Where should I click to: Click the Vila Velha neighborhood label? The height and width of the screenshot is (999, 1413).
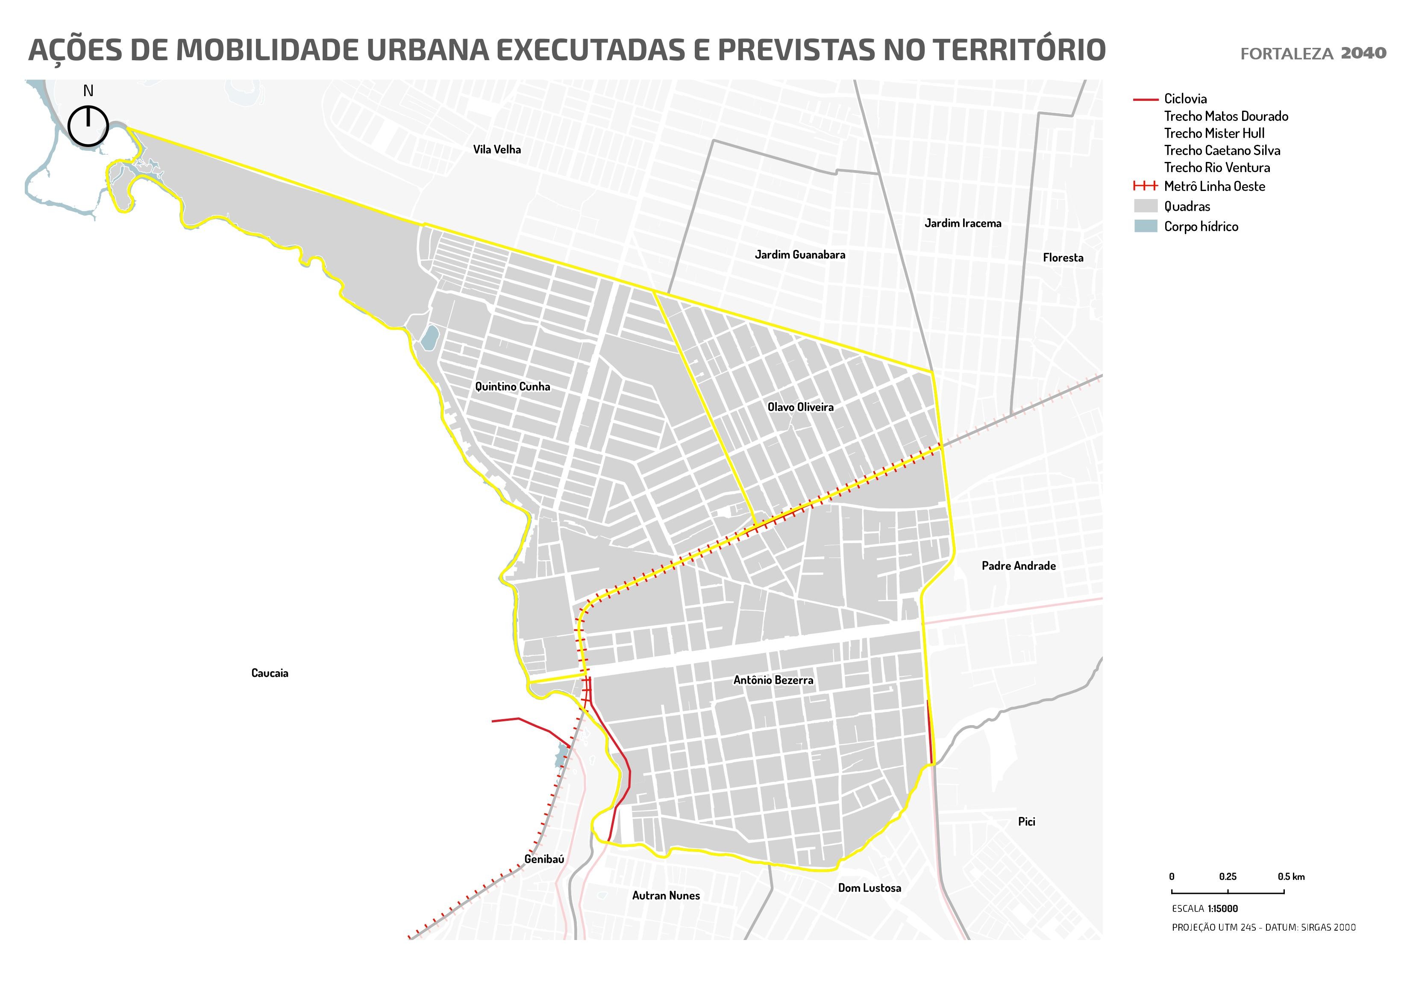(496, 150)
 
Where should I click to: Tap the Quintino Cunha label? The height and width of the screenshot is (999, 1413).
(512, 387)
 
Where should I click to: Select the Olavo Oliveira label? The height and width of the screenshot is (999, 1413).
(800, 407)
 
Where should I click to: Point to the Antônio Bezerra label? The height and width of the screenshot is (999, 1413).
(773, 680)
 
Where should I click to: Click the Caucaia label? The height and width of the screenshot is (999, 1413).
(270, 673)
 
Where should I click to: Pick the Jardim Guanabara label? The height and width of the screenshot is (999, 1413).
(800, 255)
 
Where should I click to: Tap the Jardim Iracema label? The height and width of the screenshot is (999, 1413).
(963, 223)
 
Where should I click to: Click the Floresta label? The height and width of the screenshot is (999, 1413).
(1063, 258)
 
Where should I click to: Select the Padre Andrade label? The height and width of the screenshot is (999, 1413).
(1019, 566)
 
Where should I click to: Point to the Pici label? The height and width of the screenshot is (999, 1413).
(1026, 822)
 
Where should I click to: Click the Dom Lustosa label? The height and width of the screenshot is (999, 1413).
(869, 887)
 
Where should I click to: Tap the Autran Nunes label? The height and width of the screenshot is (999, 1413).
(666, 896)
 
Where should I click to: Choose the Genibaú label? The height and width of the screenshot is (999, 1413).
(544, 859)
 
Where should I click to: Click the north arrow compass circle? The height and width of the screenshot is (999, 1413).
(88, 126)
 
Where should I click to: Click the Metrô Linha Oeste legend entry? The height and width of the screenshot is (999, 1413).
(1213, 186)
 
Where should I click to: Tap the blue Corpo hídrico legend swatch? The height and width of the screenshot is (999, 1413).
(1145, 226)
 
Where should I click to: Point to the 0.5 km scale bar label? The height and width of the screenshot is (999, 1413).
(1290, 876)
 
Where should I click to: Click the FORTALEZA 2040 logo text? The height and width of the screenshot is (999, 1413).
(1313, 53)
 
